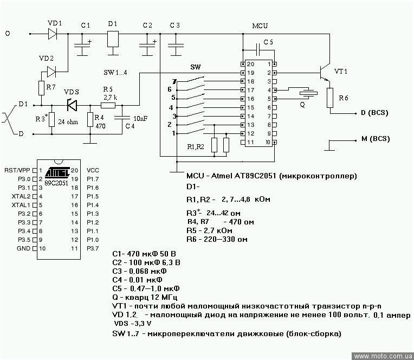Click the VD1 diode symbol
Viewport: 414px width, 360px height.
tap(52, 34)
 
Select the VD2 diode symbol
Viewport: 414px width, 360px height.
tap(52, 70)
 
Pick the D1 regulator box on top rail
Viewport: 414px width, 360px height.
tap(113, 38)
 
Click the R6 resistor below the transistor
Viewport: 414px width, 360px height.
tap(329, 98)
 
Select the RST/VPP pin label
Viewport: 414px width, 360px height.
tap(17, 170)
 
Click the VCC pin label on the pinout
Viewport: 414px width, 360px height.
tap(93, 170)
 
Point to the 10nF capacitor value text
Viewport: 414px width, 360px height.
tap(140, 118)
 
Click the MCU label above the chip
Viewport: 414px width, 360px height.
tap(260, 25)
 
